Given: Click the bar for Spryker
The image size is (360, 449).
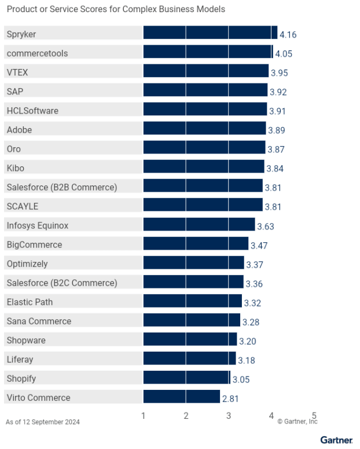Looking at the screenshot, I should (x=210, y=33).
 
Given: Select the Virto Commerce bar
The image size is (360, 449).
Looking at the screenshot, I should (x=182, y=397).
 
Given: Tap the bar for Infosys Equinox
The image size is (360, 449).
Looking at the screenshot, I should (x=199, y=225).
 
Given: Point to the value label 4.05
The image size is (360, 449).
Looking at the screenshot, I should (x=284, y=54).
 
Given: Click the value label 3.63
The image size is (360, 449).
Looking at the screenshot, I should (x=266, y=226).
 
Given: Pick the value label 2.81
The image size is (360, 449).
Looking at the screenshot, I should (x=230, y=398).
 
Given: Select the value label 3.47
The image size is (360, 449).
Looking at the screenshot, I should (x=259, y=245).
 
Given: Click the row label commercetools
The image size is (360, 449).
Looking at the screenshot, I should (x=37, y=53).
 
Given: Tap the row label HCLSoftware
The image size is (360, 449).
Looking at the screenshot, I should (x=32, y=111).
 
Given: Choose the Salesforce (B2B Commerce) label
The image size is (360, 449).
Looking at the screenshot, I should (x=62, y=187).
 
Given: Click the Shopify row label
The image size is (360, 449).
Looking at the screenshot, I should (x=21, y=378).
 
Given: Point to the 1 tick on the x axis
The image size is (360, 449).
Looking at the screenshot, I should (x=144, y=415).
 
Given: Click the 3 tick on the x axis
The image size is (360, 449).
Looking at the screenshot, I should (x=229, y=415).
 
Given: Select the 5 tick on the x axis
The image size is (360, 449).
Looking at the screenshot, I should (x=314, y=415).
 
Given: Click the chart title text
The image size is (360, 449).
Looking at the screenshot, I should (x=116, y=9).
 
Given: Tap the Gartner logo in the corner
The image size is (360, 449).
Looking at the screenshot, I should (x=336, y=440).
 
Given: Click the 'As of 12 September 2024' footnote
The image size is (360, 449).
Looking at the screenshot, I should (x=43, y=422).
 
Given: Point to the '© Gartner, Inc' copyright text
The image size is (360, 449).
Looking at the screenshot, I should (x=297, y=422).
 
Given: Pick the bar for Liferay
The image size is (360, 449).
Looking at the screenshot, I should (x=189, y=359).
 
